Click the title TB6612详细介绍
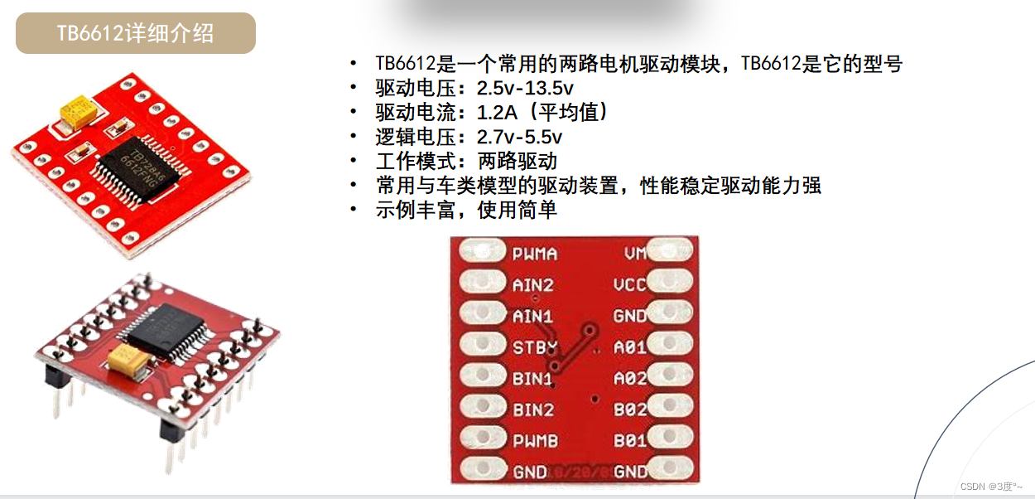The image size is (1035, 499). [x=135, y=33]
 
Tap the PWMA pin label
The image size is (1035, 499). [x=534, y=254]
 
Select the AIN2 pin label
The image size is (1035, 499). [x=532, y=284]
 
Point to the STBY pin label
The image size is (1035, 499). [x=535, y=346]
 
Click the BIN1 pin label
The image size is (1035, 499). [x=532, y=378]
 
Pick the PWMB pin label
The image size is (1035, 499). [x=534, y=440]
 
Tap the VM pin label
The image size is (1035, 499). [x=633, y=253]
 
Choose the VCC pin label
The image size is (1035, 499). [x=630, y=284]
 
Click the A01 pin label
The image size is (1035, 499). [x=630, y=347]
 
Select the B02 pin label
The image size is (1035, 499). [x=630, y=409]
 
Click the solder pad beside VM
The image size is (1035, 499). [x=672, y=249]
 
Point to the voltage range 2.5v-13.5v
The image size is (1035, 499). [x=526, y=87]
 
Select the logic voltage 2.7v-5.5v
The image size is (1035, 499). [x=519, y=137]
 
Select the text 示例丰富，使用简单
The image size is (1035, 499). [x=466, y=210]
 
